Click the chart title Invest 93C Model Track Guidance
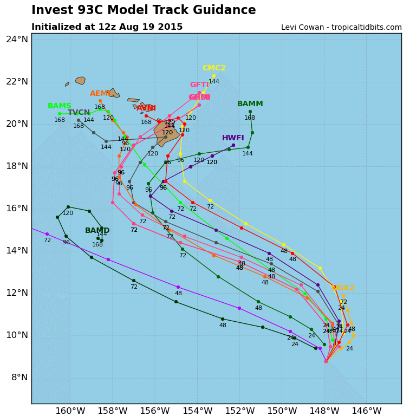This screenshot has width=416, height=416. point(144,10)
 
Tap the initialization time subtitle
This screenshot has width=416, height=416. point(107,27)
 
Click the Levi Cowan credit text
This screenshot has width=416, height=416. point(341,28)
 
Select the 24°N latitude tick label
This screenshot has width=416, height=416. point(17,39)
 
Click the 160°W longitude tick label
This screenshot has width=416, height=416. point(70,411)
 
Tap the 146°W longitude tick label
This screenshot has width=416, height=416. point(366,411)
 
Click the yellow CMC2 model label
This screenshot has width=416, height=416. point(214,68)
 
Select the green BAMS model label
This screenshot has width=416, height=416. point(60,106)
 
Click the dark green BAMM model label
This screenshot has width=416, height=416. point(250,104)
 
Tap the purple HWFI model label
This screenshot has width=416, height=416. point(233,138)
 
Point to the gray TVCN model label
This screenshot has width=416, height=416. point(79,113)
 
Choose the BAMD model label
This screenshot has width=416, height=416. point(97,231)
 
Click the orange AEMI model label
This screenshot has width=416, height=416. point(101,94)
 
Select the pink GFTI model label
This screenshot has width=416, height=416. point(199,85)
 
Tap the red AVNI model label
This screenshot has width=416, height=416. point(146,108)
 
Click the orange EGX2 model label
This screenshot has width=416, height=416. point(343,288)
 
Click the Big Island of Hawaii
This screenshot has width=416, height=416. point(167,132)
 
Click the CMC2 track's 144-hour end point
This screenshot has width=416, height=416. point(214,76)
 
